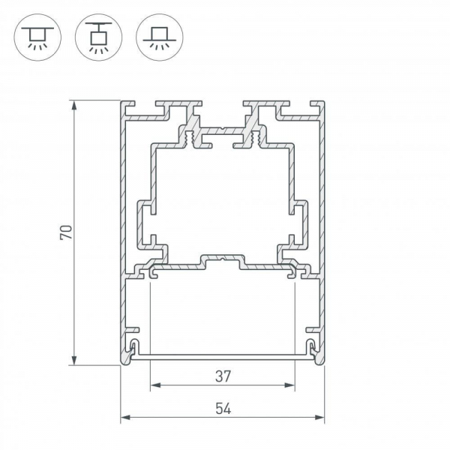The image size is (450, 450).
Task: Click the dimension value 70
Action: (66, 232)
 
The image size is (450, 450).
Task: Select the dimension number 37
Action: (222, 375)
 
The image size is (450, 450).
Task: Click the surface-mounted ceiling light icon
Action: (35, 36)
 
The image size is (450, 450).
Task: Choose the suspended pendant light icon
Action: (96, 36)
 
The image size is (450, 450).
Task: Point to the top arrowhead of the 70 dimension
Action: (74, 105)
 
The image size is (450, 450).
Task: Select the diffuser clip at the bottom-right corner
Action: (310, 347)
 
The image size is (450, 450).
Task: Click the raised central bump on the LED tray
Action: (222, 258)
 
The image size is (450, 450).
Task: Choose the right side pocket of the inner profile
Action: (300, 223)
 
